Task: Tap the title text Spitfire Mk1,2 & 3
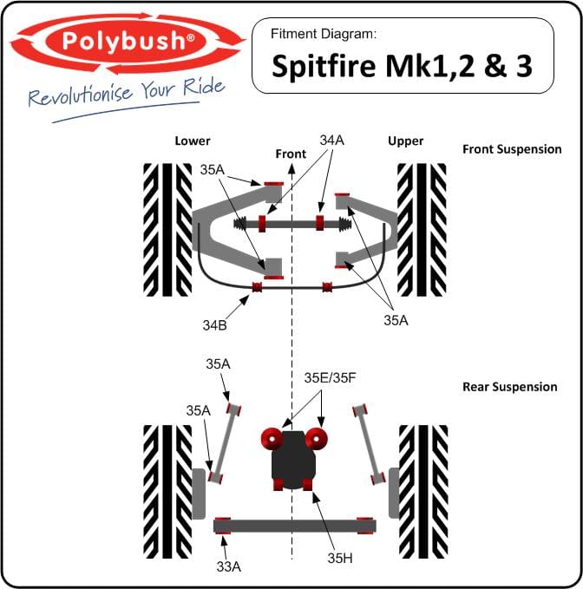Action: point(402,66)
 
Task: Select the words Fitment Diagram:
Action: point(324,34)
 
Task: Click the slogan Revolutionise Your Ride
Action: point(127,93)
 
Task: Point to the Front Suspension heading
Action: point(512,149)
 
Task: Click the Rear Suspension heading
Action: point(510,387)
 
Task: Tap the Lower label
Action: point(193,141)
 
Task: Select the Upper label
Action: point(406,141)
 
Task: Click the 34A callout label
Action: point(332,141)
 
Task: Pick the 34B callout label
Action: point(215,325)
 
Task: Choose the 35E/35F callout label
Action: point(330,378)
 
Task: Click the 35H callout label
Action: point(340,558)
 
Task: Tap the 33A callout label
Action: point(229,566)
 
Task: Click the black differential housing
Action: point(293,460)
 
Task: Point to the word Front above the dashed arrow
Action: point(291,154)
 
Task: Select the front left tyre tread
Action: point(167,230)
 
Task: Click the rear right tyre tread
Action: point(423,491)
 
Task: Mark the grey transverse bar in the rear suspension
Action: point(294,526)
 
